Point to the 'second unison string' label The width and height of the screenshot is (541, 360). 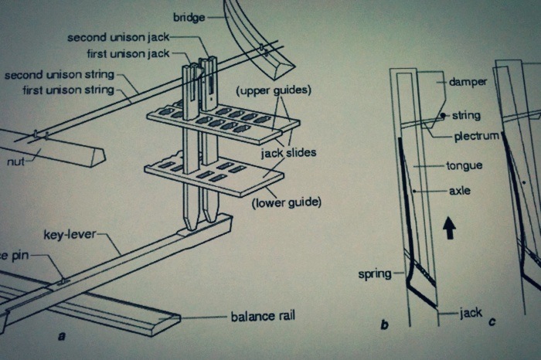[60, 75]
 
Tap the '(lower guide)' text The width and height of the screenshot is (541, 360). [286, 203]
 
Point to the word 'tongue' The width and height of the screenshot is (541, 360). [464, 165]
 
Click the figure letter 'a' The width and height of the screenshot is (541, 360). [61, 337]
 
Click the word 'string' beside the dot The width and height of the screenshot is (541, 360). [467, 116]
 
